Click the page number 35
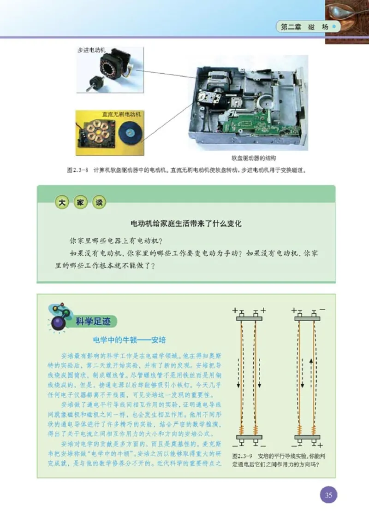[328, 495]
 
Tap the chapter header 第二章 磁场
[305, 27]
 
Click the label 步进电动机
[90, 50]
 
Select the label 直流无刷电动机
[121, 113]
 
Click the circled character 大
[61, 202]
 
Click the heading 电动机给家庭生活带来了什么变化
[186, 224]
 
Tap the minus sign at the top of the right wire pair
[321, 308]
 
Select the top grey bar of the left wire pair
[249, 318]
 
